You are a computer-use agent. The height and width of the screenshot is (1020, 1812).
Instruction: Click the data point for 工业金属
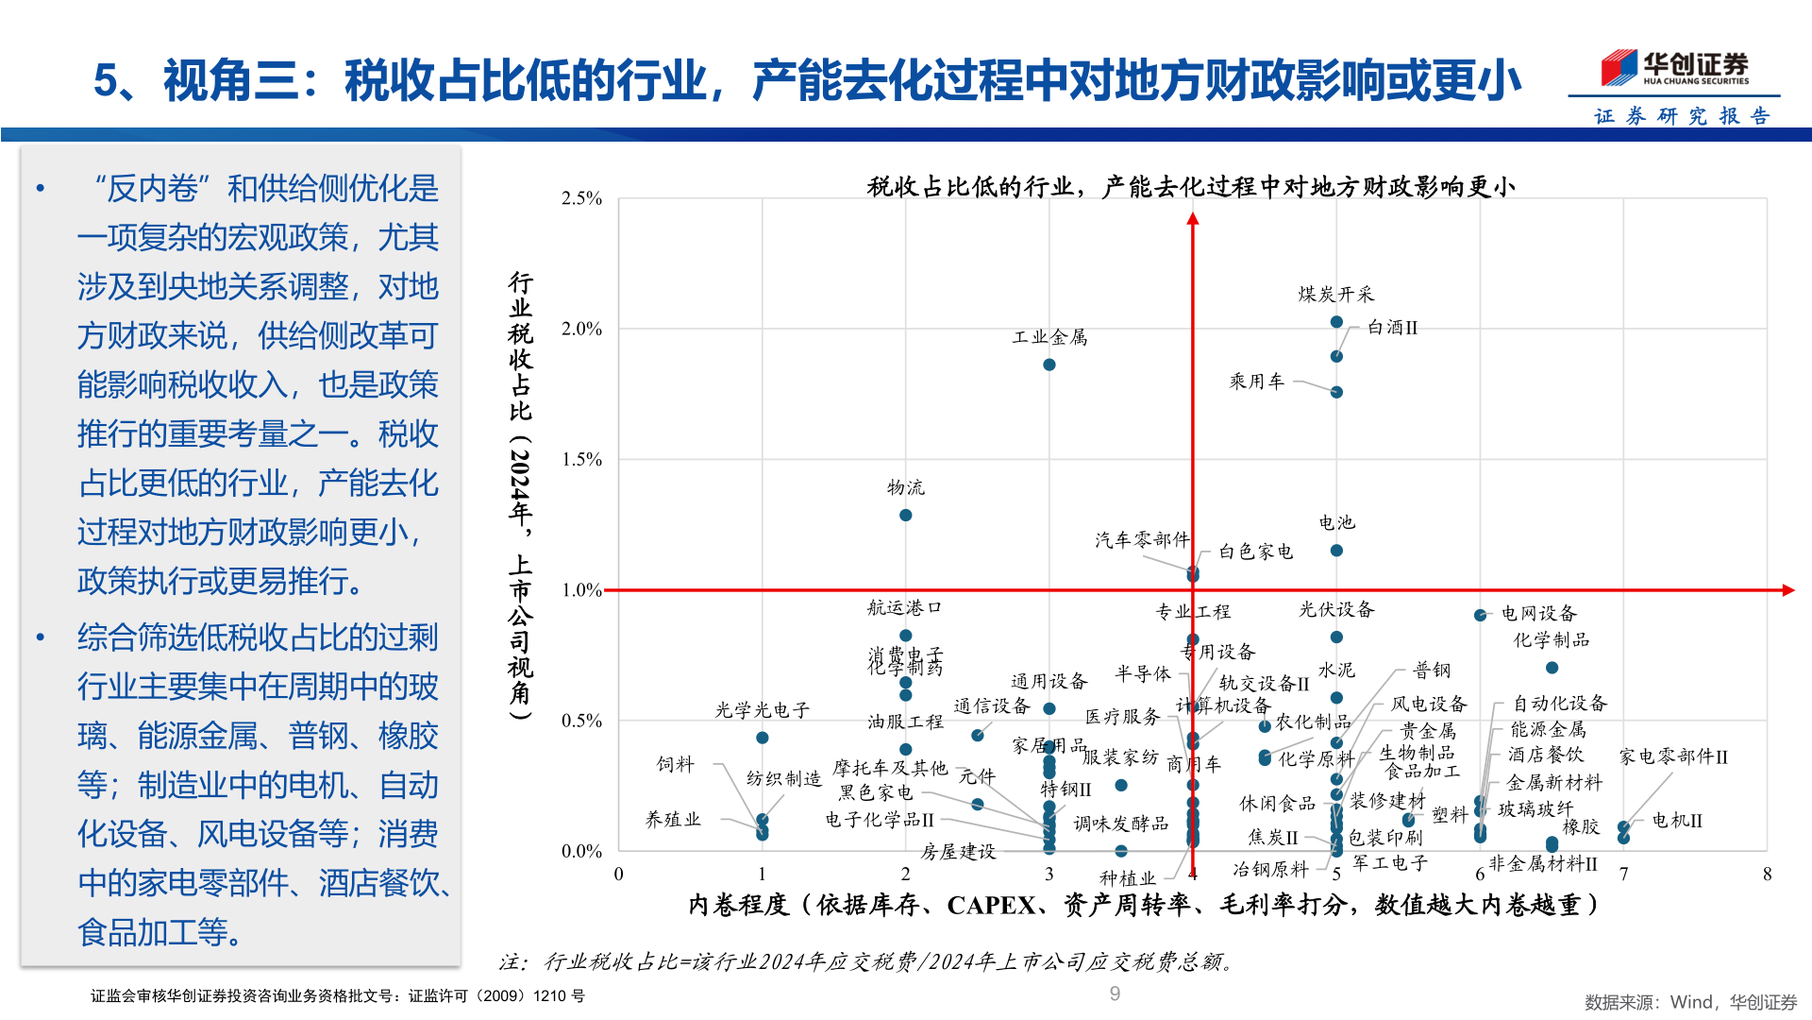tap(1049, 365)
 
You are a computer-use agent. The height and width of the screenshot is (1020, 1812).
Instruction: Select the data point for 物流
tap(905, 515)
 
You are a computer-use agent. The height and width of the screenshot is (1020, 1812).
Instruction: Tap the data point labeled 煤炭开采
tap(1336, 322)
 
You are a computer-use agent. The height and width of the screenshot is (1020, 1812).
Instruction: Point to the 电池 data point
tap(1336, 551)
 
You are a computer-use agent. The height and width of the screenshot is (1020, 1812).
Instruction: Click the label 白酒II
tap(1392, 328)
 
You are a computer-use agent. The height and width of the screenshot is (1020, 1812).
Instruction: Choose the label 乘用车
tap(1256, 382)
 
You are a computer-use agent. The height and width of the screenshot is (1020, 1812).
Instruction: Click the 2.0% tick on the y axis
tap(581, 329)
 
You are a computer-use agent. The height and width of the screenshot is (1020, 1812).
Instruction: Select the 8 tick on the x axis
tap(1767, 874)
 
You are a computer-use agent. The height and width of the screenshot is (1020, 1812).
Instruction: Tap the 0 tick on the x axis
tap(618, 874)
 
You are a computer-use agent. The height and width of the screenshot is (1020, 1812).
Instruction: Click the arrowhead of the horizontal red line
tap(1787, 590)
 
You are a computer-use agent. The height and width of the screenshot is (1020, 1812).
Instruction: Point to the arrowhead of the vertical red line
tap(1193, 219)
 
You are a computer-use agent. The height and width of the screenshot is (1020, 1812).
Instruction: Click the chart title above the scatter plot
tap(1191, 187)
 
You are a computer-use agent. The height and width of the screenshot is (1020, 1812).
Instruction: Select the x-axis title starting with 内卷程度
tap(1144, 905)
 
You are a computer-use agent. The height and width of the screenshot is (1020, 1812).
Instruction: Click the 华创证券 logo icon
tap(1619, 68)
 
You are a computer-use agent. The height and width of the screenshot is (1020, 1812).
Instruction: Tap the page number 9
tap(1115, 993)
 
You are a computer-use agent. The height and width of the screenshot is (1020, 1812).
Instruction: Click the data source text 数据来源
tap(1689, 1002)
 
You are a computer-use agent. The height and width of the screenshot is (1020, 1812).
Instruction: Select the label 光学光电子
tap(762, 710)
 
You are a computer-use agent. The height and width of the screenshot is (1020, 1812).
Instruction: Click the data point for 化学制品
tap(1552, 668)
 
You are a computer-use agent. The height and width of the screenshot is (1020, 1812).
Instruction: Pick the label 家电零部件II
tap(1673, 757)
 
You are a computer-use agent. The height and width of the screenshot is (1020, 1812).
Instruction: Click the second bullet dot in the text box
tap(41, 637)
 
